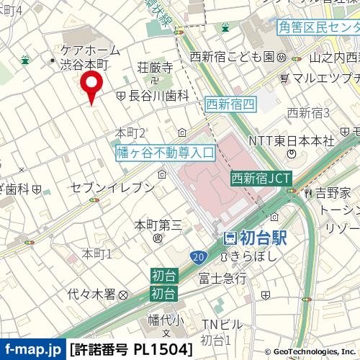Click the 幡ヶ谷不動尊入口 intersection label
coord(166,152)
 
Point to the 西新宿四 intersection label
coord(230,104)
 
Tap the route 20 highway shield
coord(197,256)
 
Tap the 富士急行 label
coord(222,277)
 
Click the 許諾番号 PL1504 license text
coord(132,350)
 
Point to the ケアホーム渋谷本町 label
coord(84,57)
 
